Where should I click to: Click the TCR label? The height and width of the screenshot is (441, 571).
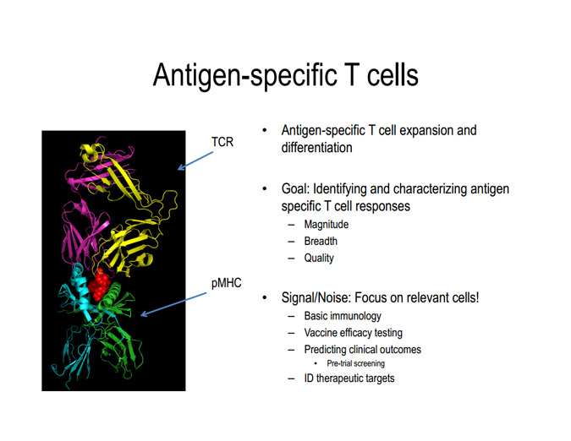[222, 142]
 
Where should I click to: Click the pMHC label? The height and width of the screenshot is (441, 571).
[226, 283]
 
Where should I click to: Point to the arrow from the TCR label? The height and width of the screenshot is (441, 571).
[195, 161]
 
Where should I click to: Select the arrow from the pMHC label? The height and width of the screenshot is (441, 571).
[173, 304]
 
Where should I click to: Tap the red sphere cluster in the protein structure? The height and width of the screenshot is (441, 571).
[99, 287]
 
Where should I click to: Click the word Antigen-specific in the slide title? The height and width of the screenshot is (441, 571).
[240, 76]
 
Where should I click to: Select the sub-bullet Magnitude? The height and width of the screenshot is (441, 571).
[326, 225]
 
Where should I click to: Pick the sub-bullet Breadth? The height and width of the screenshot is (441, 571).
[321, 241]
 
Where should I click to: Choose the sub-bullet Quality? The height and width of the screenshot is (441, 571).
[319, 259]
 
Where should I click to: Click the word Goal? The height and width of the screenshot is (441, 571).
[295, 189]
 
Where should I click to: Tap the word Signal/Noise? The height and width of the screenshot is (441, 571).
[316, 297]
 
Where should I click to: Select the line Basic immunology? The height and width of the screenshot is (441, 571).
[343, 316]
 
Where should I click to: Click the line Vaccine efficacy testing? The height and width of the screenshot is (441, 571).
[354, 333]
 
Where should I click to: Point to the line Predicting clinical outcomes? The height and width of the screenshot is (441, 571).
[362, 350]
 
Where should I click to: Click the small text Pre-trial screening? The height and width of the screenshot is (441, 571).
[355, 363]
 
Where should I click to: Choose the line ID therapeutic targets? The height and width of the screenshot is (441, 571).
[349, 378]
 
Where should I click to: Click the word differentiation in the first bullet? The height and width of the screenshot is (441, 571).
[316, 148]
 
